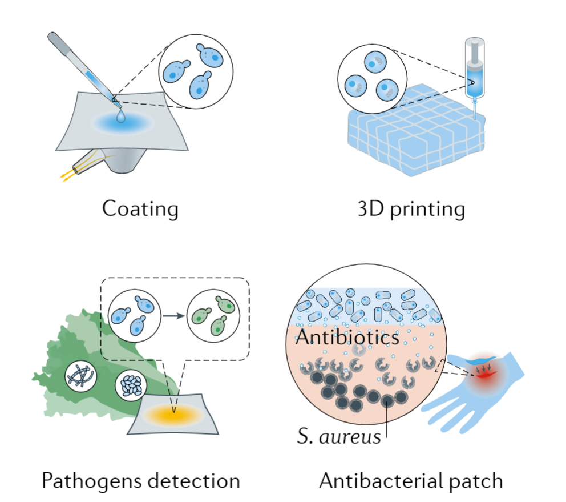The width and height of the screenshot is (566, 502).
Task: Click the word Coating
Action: [x=140, y=208]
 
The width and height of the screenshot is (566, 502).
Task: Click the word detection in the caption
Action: [x=195, y=481]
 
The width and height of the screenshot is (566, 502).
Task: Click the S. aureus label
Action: [x=339, y=438]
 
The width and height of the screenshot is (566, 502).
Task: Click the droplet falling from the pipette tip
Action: [x=120, y=116]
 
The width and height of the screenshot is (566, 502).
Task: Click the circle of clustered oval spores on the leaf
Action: [x=131, y=386]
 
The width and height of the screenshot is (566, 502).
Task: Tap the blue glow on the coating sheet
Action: [x=122, y=123]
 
